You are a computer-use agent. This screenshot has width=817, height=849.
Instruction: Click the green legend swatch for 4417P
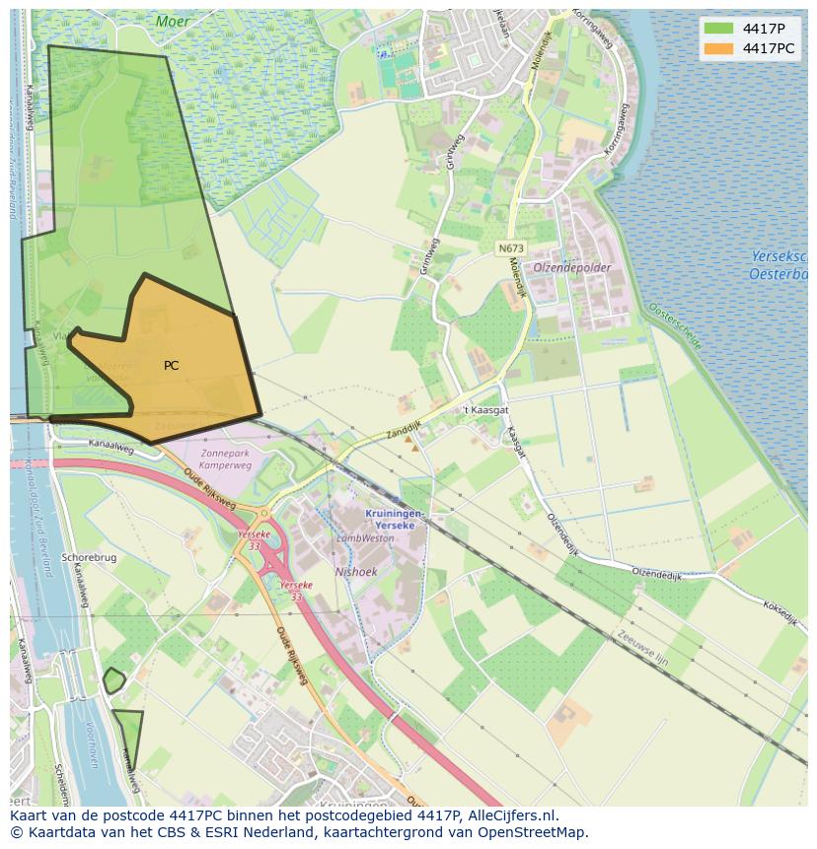[719, 29]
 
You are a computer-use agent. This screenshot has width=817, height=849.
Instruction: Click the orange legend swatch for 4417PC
[719, 48]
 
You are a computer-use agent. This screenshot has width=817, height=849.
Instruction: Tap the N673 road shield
[511, 248]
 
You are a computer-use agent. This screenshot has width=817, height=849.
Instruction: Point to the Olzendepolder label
[573, 267]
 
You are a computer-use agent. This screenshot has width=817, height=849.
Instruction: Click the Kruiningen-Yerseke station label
[394, 520]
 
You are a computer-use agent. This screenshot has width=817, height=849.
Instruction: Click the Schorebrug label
[89, 557]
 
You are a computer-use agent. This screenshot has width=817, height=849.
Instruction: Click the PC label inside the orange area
[172, 366]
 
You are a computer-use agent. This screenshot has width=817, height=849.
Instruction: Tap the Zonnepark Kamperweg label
[225, 459]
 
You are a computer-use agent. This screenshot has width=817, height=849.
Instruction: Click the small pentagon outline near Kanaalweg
[114, 679]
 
